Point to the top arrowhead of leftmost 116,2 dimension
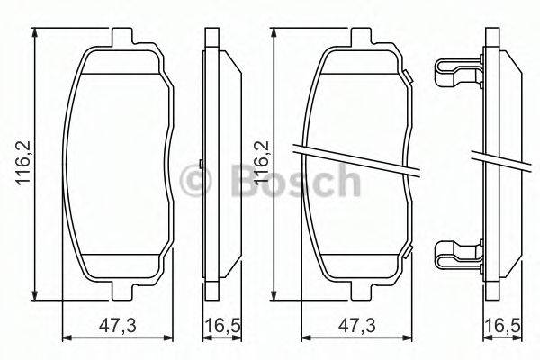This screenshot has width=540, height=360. coord(34,32)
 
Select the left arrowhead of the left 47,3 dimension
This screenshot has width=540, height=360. coord(66,337)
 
